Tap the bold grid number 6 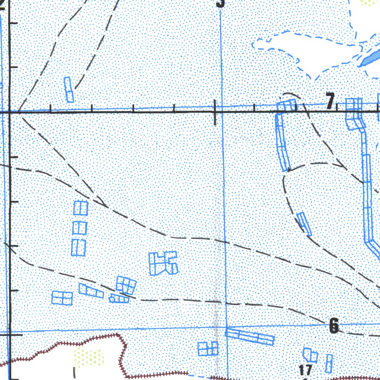coord(334,326)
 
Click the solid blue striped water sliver coord(371,58)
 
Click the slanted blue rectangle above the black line coord(69,89)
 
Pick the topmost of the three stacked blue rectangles coord(80,208)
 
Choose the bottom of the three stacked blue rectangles coord(79,248)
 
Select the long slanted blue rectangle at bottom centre coord(250,336)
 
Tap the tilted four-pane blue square coord(126,285)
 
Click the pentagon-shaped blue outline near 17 coord(310,355)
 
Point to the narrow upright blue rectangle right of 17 coord(329,363)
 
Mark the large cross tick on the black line coord(215,112)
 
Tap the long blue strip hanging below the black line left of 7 coord(282,143)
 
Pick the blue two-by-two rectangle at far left coord(62,298)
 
